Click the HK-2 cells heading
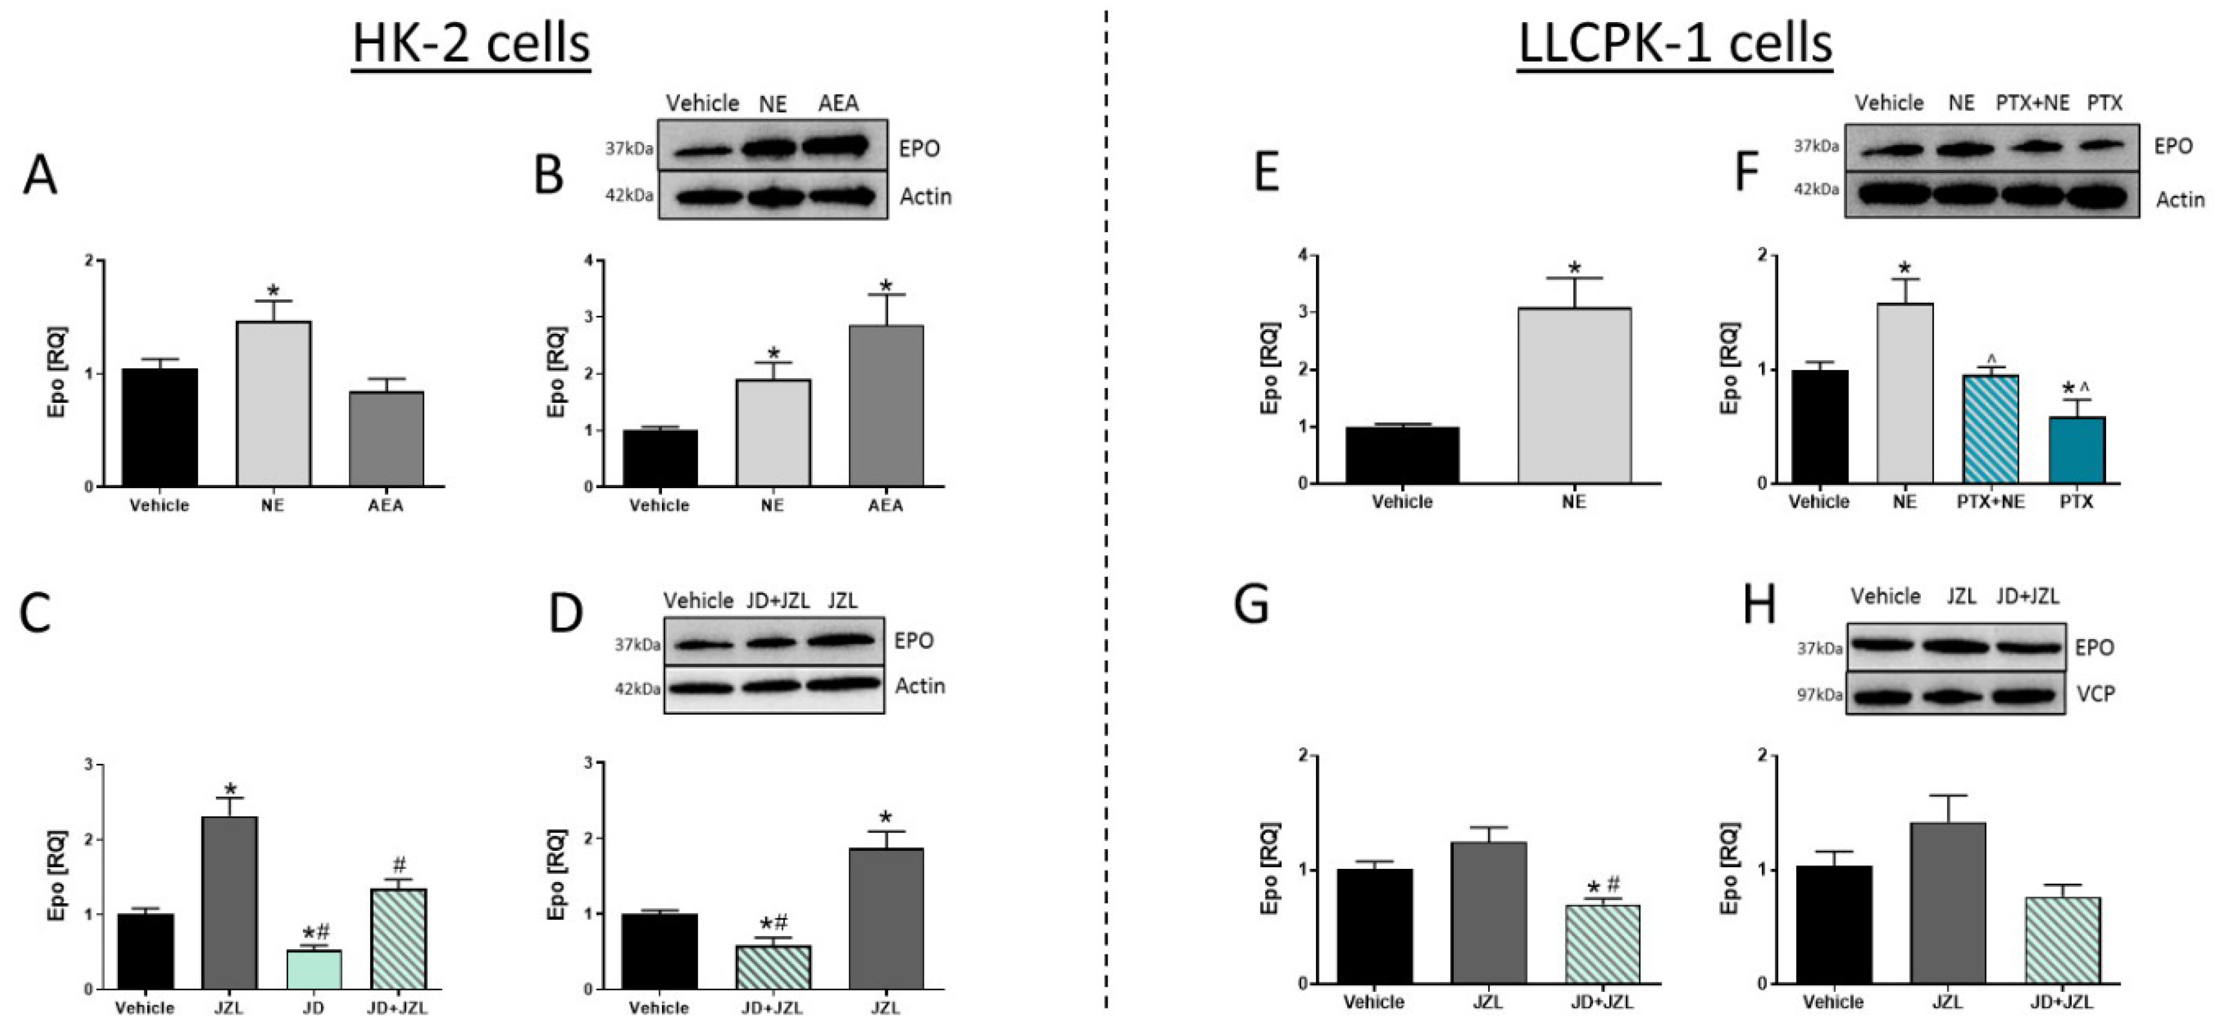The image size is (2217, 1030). click(471, 43)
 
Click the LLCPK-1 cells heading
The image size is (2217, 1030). click(1675, 43)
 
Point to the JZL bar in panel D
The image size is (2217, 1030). click(886, 918)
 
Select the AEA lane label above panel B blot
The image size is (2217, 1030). click(838, 104)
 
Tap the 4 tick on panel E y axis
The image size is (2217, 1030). click(1304, 256)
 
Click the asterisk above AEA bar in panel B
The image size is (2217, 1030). click(886, 286)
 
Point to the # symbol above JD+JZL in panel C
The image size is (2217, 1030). click(400, 865)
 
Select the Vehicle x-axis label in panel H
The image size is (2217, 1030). click(1833, 1003)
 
